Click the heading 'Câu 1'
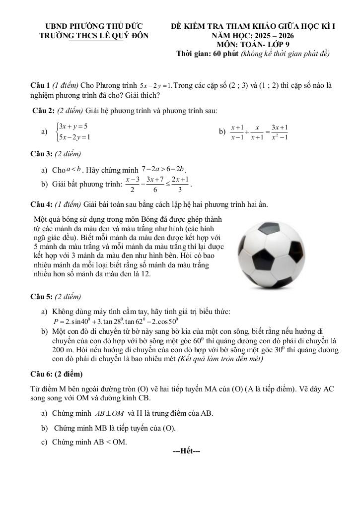pyautogui.click(x=40, y=85)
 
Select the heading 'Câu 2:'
pyautogui.click(x=44, y=111)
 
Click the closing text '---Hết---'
pyautogui.click(x=186, y=451)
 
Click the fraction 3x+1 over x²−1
pyautogui.click(x=280, y=131)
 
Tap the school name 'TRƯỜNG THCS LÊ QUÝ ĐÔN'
pyautogui.click(x=93, y=35)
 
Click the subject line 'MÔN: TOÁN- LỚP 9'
pyautogui.click(x=253, y=44)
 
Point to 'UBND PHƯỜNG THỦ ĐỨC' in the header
pyautogui.click(x=93, y=26)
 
